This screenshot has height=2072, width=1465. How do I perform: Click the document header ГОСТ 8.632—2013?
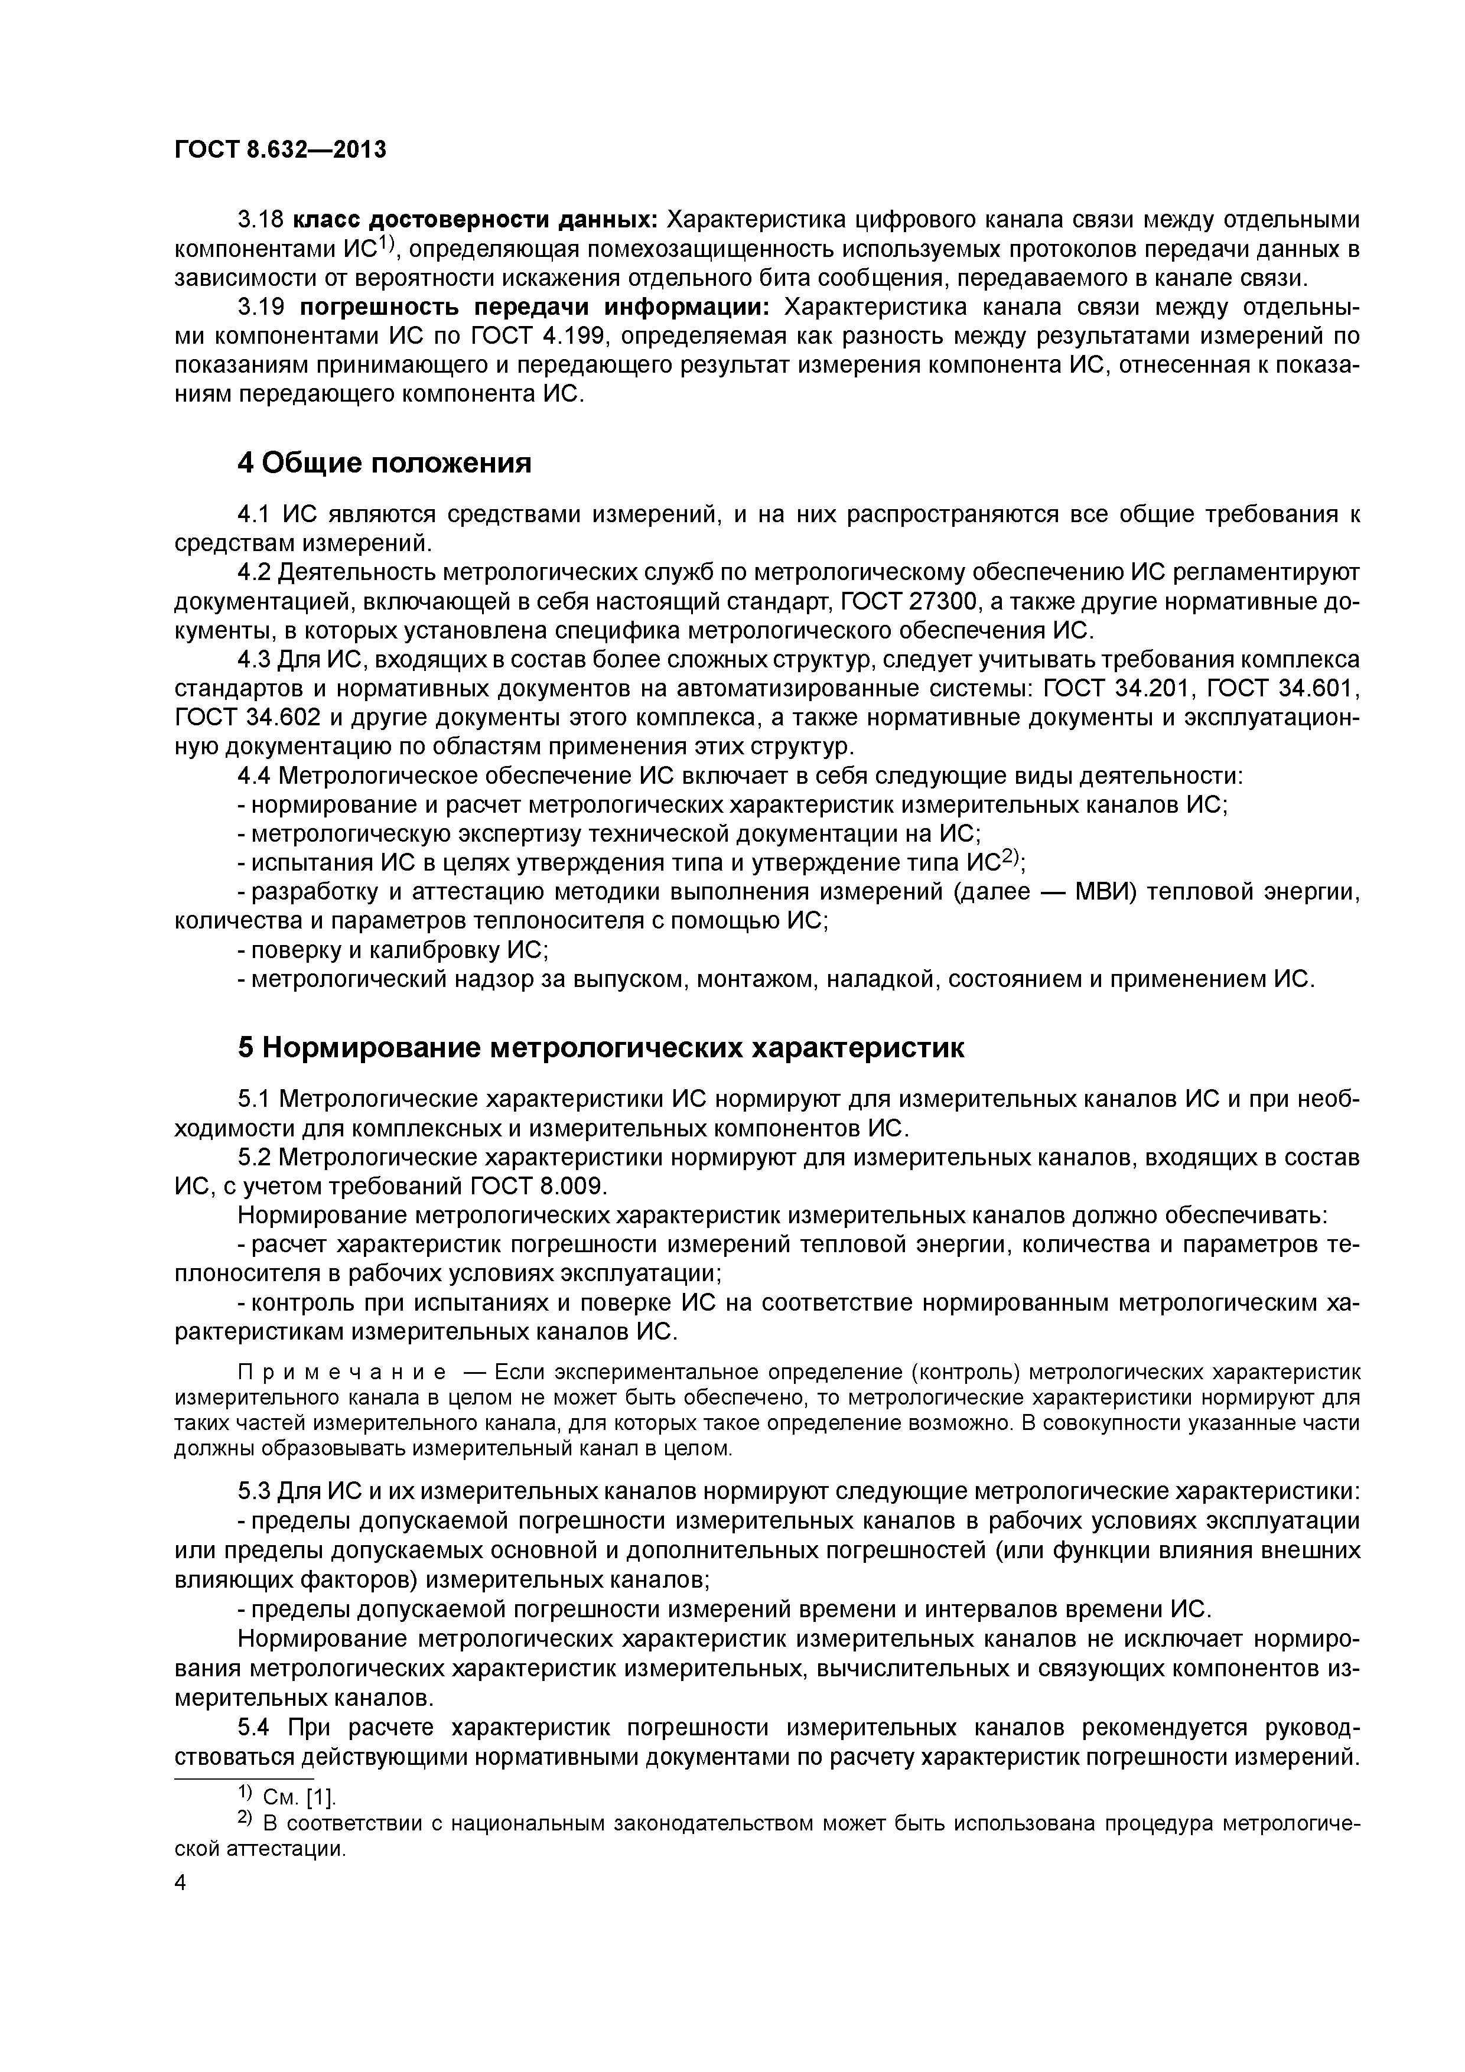pos(280,150)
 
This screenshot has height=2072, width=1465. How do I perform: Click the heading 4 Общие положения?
pos(383,463)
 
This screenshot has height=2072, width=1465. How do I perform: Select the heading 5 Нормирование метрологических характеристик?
pos(600,1048)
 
